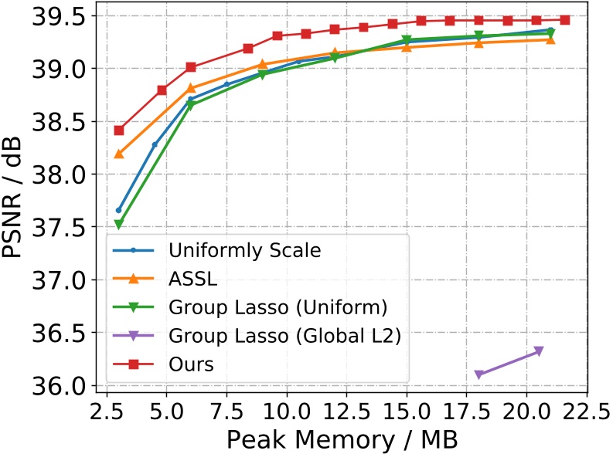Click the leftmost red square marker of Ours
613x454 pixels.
pyautogui.click(x=119, y=130)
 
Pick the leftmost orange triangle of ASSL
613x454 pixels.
pyautogui.click(x=119, y=154)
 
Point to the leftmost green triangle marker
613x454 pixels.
pyautogui.click(x=119, y=225)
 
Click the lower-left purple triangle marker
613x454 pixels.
pyautogui.click(x=478, y=374)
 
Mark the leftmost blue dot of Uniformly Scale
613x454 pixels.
pyautogui.click(x=119, y=210)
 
